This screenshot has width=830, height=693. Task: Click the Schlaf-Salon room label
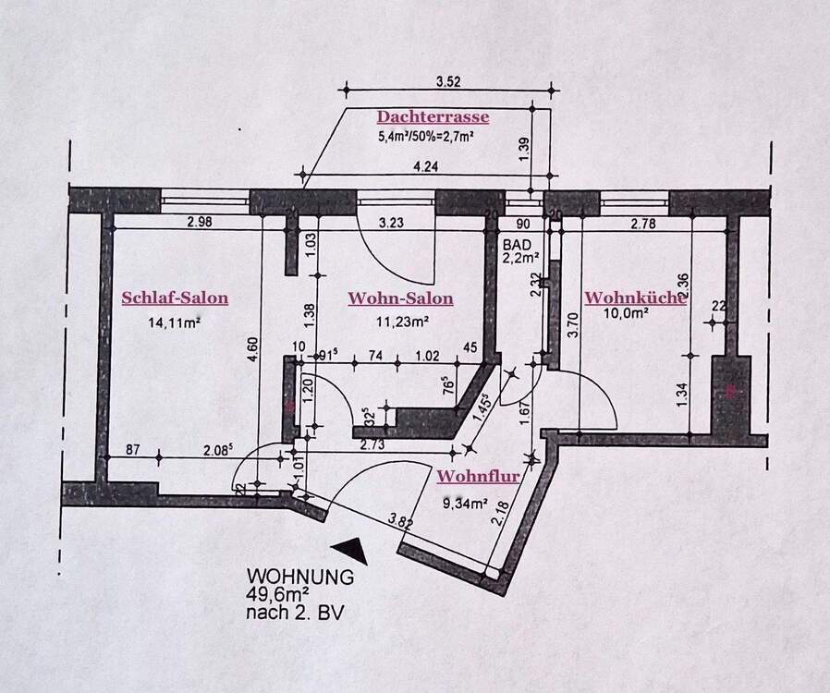point(175,298)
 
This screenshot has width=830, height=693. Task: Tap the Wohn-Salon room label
point(400,298)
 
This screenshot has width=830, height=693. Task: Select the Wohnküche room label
point(634,298)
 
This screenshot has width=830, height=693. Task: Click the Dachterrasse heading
point(433,117)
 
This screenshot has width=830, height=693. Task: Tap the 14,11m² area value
point(175,323)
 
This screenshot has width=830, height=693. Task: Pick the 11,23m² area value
point(400,322)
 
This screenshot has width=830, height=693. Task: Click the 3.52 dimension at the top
point(448,81)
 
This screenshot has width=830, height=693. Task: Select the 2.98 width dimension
point(200,222)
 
